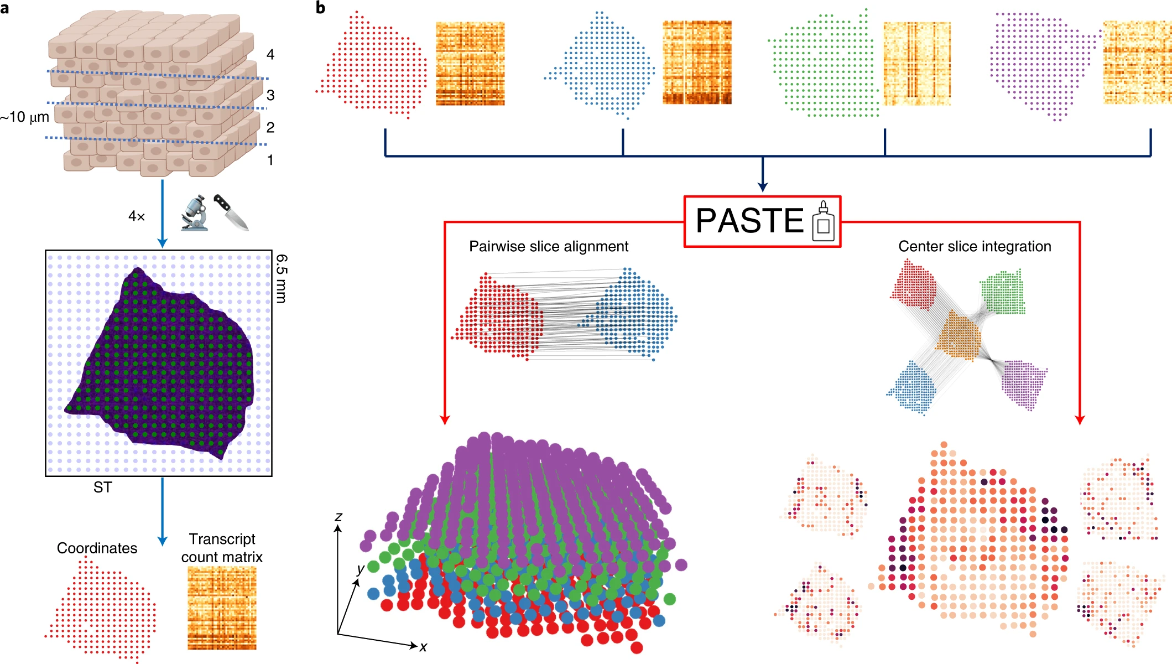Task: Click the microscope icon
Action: point(194,212)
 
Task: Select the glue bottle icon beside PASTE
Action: point(823,221)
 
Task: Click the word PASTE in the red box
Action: point(749,221)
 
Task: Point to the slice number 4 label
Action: point(270,54)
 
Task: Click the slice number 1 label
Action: point(270,160)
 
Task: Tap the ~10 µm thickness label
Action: point(25,117)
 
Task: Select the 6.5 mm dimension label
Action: point(282,278)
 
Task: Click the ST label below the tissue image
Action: point(103,487)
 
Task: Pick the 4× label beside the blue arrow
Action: point(137,216)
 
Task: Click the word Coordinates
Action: point(97,548)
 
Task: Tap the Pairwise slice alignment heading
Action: point(549,246)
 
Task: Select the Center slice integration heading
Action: point(975,246)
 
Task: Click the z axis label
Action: point(338,516)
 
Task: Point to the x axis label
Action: point(423,646)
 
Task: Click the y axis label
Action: point(361,568)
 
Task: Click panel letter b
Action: point(320,8)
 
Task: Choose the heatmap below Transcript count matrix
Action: point(222,608)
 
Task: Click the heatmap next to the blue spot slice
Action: point(697,63)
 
